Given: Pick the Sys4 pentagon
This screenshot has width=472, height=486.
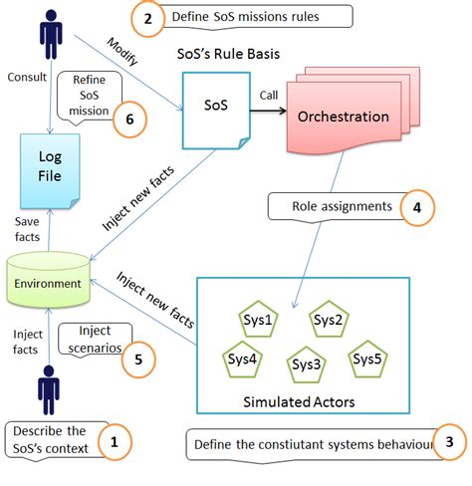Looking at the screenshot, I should (239, 358).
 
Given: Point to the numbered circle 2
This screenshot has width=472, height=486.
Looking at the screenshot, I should (148, 18).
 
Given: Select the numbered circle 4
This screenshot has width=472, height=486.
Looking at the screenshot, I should (416, 209).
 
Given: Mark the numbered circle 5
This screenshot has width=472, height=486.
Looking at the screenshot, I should (137, 359).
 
